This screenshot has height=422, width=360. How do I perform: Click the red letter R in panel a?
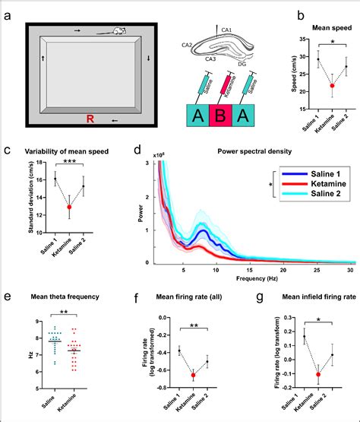[89, 119]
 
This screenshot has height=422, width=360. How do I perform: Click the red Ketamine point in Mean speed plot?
[331, 86]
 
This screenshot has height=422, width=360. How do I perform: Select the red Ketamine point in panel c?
[71, 207]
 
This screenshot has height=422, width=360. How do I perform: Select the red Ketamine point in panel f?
[193, 375]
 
